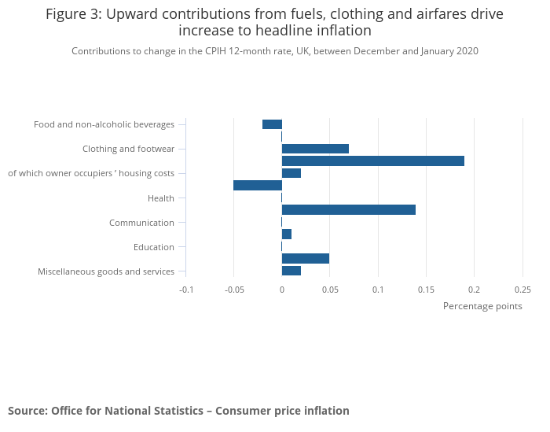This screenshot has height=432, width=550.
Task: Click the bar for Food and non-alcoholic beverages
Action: coord(272,124)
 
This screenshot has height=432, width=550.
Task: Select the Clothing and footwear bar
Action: coord(315,149)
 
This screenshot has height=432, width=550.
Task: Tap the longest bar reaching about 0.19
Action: coord(372,161)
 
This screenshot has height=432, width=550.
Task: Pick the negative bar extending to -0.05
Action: coord(258,186)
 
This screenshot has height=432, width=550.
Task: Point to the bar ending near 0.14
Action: coord(348,210)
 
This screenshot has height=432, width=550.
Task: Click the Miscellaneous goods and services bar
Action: coord(291,271)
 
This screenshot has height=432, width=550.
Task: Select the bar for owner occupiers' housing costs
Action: coord(291,173)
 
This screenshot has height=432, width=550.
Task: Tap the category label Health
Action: coord(161,198)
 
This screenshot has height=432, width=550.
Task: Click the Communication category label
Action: coord(141,223)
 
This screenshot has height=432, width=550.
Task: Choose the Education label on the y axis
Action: coord(154,247)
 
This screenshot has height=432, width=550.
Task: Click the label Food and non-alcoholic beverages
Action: coord(104,124)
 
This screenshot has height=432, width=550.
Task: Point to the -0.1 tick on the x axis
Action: coord(186,289)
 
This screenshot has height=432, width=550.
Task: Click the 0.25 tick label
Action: coord(522,289)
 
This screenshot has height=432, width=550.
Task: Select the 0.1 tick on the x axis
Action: coord(378,289)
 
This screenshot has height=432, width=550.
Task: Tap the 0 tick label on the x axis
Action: coord(282,289)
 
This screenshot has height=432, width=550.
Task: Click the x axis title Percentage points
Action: coord(482,306)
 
